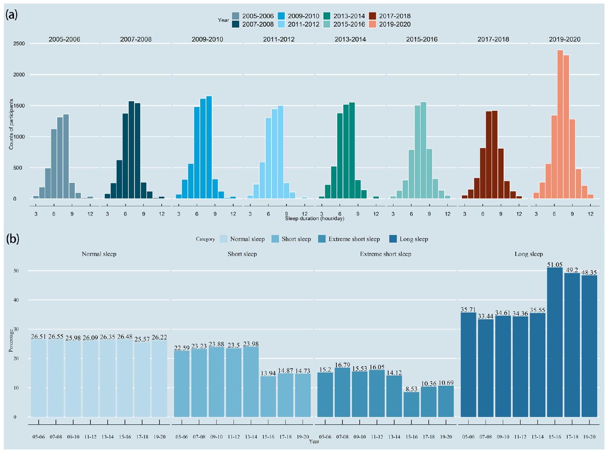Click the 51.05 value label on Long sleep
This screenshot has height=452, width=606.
coord(555,265)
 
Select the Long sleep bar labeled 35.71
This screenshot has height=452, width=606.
coord(468,364)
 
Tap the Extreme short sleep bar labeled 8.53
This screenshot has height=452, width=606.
coord(412,404)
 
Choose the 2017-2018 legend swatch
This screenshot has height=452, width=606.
coord(372,16)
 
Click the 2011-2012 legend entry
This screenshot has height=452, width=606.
coord(303,24)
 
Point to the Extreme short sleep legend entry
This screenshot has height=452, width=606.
coord(354,239)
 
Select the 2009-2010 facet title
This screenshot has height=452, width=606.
coord(207,39)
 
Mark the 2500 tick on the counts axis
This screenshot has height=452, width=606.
coord(19,44)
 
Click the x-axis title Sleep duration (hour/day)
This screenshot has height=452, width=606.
coord(315,219)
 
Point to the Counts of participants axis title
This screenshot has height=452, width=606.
coord(11,124)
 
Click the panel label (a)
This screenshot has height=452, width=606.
coord(12,15)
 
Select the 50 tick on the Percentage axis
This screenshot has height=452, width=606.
coord(16,271)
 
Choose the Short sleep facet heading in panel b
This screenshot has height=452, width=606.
coord(242,254)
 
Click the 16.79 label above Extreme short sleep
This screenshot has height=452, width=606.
coord(342,365)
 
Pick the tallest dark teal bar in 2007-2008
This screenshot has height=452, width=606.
coord(131,150)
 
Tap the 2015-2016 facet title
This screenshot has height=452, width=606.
coord(422,39)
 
